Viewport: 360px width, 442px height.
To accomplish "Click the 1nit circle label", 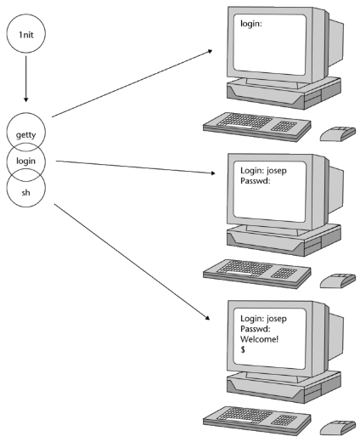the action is pos(25,35).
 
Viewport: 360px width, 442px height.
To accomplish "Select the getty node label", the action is pos(25,134).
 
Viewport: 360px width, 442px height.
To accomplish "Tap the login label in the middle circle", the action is pos(25,161).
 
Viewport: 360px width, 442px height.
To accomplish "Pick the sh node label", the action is pos(25,192).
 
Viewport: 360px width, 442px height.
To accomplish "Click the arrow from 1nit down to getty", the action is pos(25,79).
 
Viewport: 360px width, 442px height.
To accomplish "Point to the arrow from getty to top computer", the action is pos(132,83).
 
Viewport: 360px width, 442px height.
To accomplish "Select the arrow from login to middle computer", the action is pos(136,167).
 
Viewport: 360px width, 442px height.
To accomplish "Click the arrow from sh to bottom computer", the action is pos(132,262).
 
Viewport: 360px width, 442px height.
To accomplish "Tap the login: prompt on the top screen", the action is pos(251,24).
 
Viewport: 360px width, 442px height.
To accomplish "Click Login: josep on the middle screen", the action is pos(263,171).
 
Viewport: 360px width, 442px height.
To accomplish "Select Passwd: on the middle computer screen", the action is pos(256,181).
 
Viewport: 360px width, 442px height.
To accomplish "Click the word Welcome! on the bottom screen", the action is pos(259,339).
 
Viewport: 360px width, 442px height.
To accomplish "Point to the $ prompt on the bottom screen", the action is pos(243,349).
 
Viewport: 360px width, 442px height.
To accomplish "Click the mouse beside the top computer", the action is pos(338,134).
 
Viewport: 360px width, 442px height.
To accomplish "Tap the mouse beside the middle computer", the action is pos(338,281).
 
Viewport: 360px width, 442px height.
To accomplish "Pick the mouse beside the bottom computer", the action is pos(338,428).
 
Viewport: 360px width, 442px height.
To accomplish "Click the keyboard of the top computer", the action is pos(257,127).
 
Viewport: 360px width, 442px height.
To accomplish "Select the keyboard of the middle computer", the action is pos(257,274).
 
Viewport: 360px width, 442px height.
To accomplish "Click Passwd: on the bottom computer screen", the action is pos(256,329).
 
